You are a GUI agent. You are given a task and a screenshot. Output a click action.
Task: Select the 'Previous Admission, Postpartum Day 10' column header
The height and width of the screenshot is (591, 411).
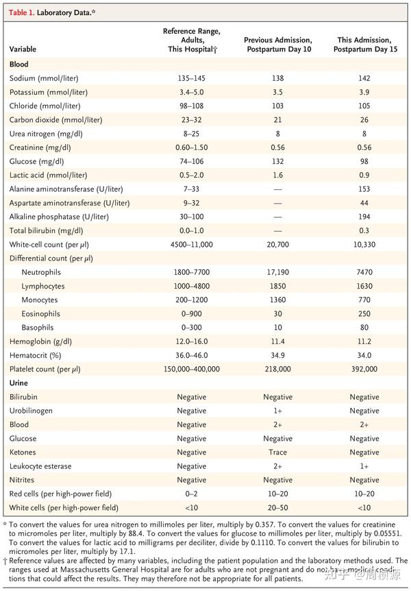click(277, 45)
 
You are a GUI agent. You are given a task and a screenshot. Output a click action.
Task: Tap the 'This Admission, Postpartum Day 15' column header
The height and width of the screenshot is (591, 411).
click(364, 45)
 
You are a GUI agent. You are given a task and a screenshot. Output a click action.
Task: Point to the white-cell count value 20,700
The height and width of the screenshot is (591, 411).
click(277, 244)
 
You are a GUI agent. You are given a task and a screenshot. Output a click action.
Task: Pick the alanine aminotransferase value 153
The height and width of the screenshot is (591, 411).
click(364, 189)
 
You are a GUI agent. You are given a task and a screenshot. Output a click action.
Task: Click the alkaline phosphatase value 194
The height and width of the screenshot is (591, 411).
click(364, 217)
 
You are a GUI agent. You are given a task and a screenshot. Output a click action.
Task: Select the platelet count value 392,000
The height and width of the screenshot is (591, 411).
click(364, 369)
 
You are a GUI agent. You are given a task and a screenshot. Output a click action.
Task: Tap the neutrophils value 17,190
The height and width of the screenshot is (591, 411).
click(277, 272)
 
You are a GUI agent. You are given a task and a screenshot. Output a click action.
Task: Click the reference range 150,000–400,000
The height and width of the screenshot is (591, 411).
click(191, 369)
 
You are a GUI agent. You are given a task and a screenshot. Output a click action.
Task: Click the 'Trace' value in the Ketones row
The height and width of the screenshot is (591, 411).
click(277, 453)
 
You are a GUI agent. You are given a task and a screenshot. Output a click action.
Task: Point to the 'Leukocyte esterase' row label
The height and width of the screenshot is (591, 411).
click(40, 466)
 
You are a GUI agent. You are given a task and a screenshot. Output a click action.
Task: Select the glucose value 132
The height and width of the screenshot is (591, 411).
click(277, 161)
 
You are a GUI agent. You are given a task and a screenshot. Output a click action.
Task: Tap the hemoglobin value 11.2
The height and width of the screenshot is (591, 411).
click(364, 341)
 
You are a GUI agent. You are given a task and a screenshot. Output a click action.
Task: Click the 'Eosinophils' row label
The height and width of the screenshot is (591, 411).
click(42, 313)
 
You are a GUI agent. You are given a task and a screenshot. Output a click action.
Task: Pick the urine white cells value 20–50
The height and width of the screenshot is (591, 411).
click(277, 508)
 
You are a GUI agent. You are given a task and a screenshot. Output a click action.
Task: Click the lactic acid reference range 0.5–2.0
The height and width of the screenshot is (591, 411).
click(191, 175)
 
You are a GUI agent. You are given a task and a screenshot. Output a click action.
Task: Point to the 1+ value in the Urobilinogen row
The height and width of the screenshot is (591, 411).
click(277, 411)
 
